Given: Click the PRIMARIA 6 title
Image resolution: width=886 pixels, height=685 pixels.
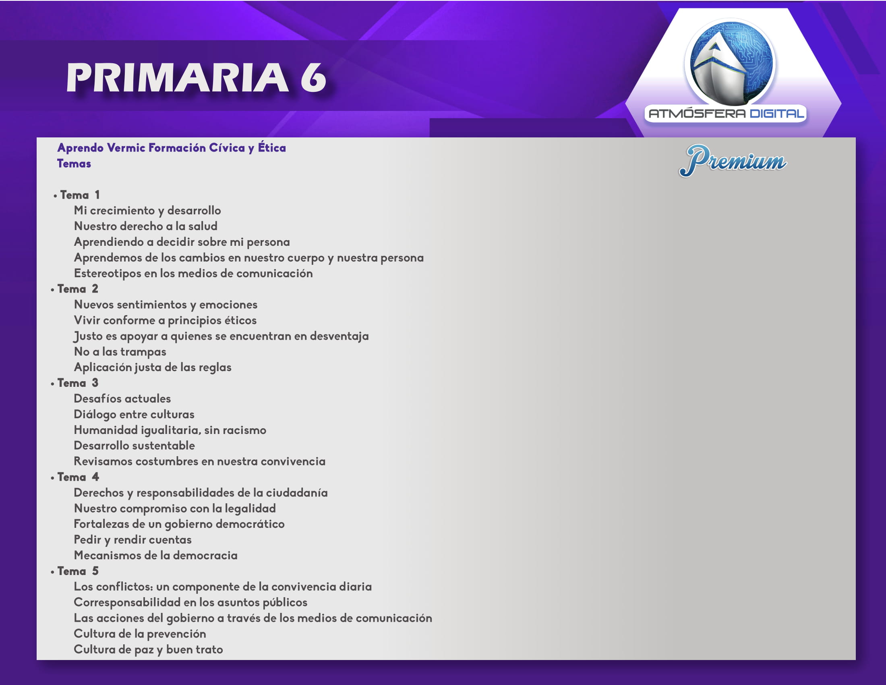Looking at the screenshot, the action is (x=197, y=77).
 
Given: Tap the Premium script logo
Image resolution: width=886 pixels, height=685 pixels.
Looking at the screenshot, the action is (x=732, y=161).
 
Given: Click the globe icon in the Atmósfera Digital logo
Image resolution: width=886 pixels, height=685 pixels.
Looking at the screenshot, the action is (x=730, y=63).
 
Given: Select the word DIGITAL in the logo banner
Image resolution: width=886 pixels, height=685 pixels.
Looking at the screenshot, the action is (x=776, y=113).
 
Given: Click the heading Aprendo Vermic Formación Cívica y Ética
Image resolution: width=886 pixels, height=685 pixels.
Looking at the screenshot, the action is (x=172, y=148).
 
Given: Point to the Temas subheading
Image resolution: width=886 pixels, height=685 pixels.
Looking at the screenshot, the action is (x=74, y=164).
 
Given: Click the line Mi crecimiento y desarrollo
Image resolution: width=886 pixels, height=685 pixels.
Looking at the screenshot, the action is (x=147, y=211).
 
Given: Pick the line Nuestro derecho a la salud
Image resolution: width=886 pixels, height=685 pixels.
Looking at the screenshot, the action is (x=146, y=226).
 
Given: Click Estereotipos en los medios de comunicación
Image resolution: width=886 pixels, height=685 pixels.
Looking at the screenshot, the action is (x=193, y=274).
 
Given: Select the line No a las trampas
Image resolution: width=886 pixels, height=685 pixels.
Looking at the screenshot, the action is (x=120, y=352).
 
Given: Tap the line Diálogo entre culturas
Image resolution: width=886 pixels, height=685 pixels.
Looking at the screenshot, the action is (x=134, y=414).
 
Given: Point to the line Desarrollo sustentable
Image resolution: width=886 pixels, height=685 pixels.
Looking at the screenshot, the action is (x=134, y=446).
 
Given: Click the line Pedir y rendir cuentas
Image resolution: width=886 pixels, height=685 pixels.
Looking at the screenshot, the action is (x=132, y=540).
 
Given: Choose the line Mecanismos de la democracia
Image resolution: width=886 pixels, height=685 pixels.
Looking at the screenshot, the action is (x=155, y=555).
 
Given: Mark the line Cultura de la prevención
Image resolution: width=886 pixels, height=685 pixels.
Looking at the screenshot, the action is (x=140, y=634).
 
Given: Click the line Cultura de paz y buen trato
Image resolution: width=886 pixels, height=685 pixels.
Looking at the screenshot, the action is (x=148, y=650).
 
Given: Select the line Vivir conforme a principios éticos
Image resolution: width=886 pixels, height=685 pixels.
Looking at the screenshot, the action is (x=165, y=321).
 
